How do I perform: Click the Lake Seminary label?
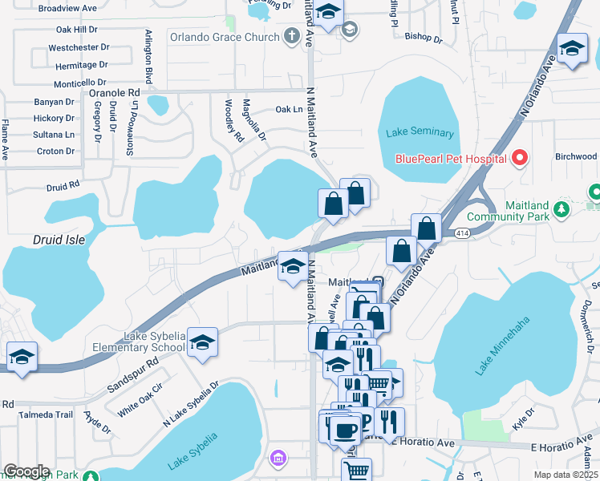[x=420, y=133]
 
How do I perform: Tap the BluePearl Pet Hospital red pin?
[x=519, y=158]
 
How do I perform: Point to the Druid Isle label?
[x=59, y=240]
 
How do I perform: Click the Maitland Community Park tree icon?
[x=562, y=209]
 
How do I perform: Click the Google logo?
[x=26, y=471]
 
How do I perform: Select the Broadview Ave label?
[x=67, y=8]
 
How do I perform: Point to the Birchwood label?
[x=576, y=157]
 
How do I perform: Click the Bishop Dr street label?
[x=424, y=37]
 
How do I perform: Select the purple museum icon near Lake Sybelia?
[x=278, y=458]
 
